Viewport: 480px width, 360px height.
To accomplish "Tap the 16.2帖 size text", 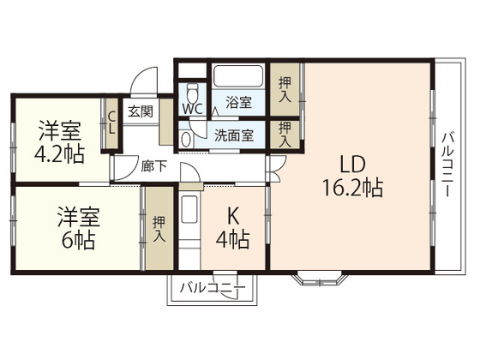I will point(352,187).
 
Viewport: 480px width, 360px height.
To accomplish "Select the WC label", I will point(192,110).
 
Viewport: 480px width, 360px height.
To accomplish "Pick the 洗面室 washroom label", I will point(233,135).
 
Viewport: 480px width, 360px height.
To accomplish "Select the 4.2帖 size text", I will point(58,157).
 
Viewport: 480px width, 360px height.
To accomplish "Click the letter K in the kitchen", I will point(231,216).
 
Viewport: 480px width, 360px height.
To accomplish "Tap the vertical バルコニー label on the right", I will point(447,165).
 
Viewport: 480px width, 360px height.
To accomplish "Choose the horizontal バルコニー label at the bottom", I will point(212,288).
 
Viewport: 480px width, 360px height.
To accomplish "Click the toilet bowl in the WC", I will point(192,91).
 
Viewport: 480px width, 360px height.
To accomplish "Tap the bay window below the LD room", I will point(321,276).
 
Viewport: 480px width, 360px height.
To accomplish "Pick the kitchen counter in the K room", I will point(189,231).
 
